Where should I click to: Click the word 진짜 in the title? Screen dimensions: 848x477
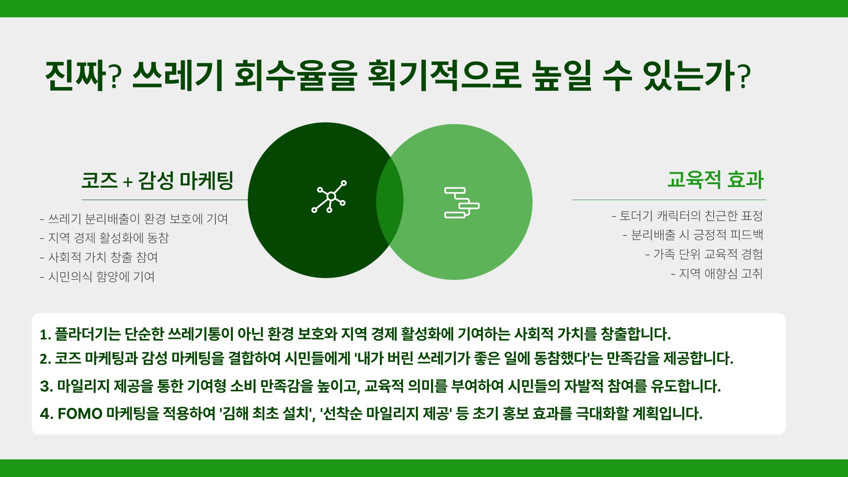pyautogui.click(x=76, y=76)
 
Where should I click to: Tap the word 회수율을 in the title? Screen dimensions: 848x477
pyautogui.click(x=295, y=76)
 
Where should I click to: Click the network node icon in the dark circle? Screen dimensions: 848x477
pyautogui.click(x=329, y=197)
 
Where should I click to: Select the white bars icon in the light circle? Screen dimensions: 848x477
pyautogui.click(x=462, y=203)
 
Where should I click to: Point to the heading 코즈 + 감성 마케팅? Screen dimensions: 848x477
pyautogui.click(x=157, y=181)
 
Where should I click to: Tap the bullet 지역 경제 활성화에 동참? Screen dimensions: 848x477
pyautogui.click(x=105, y=238)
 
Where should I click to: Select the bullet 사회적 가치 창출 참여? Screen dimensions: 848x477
pyautogui.click(x=99, y=257)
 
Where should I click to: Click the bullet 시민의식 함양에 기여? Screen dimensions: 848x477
pyautogui.click(x=98, y=277)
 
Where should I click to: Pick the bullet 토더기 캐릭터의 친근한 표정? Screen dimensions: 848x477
pyautogui.click(x=687, y=216)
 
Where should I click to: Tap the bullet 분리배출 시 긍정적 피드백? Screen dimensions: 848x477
pyautogui.click(x=693, y=235)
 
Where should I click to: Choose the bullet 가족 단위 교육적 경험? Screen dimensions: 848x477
pyautogui.click(x=704, y=254)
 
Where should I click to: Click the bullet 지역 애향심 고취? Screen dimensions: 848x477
pyautogui.click(x=717, y=274)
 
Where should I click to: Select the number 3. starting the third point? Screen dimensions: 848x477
pyautogui.click(x=46, y=386)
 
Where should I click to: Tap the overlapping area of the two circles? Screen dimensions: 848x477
pyautogui.click(x=390, y=201)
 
